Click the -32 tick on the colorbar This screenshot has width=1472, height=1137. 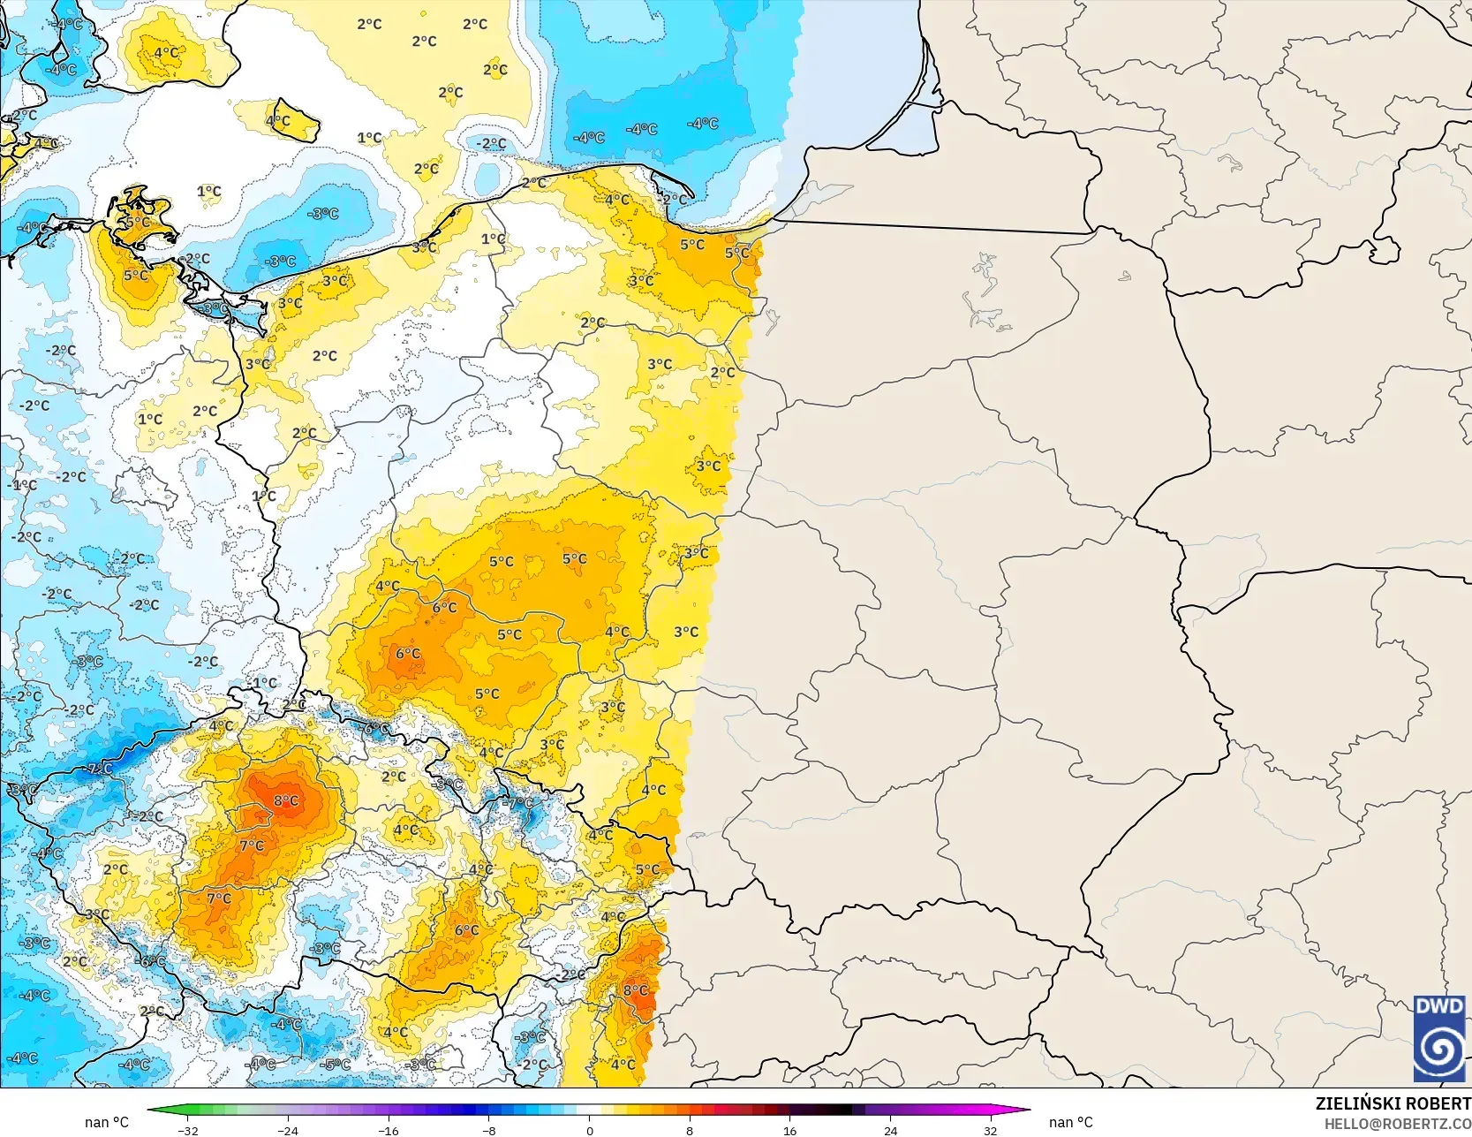tap(187, 1130)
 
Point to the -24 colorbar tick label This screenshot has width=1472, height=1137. tap(288, 1130)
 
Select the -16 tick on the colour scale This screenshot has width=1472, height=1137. tap(389, 1130)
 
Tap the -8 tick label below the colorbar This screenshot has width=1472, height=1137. tap(489, 1130)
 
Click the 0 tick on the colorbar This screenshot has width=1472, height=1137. tap(589, 1130)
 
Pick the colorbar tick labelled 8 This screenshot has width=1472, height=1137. tap(690, 1130)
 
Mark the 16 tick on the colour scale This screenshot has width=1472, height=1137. tap(789, 1130)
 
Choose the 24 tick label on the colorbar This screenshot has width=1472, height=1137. tap(890, 1130)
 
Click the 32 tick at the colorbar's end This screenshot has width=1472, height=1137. tap(991, 1130)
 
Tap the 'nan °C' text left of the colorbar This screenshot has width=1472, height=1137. tap(107, 1122)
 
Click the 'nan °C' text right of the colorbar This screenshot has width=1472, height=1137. tap(1070, 1122)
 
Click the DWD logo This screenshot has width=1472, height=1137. tap(1438, 1038)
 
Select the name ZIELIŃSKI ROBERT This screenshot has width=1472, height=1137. tap(1393, 1103)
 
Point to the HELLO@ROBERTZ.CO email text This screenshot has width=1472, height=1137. tap(1401, 1122)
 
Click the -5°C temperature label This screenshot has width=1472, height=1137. tap(336, 1065)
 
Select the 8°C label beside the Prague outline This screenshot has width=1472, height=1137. tap(286, 801)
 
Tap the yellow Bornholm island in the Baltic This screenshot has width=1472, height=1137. tap(294, 123)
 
